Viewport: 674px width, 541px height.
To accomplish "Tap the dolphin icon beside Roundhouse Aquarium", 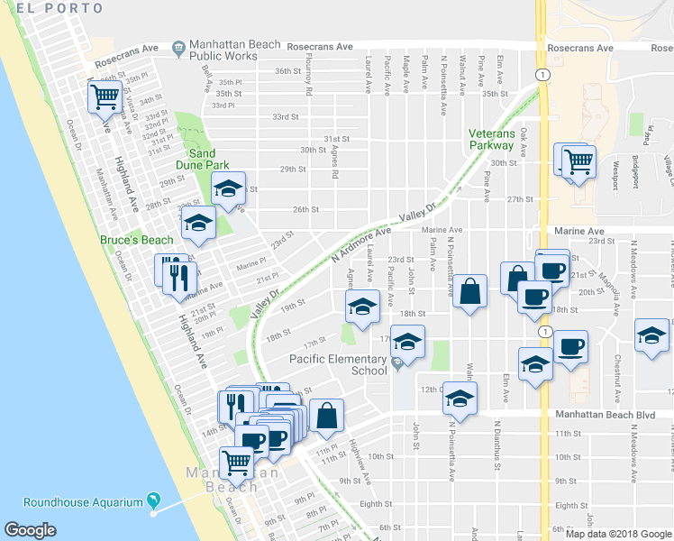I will [x=153, y=500].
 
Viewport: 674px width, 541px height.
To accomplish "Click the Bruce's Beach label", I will [x=136, y=240].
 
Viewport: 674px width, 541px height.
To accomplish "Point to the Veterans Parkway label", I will [x=491, y=139].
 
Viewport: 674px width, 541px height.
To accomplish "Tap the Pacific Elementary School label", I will [x=338, y=364].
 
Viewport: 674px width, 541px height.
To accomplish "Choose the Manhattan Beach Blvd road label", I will [x=603, y=415].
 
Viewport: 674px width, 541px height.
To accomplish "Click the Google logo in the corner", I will [x=30, y=529].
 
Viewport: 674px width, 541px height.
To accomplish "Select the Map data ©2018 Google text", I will [x=618, y=533].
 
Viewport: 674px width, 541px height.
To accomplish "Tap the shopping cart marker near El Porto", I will [x=105, y=96].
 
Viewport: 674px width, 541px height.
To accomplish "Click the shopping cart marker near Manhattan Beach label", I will [x=237, y=462].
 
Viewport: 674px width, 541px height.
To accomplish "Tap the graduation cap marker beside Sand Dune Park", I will [x=228, y=188].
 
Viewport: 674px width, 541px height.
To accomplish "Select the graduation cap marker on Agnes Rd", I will [x=361, y=308].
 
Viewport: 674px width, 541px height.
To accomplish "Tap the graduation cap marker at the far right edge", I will [x=652, y=335].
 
